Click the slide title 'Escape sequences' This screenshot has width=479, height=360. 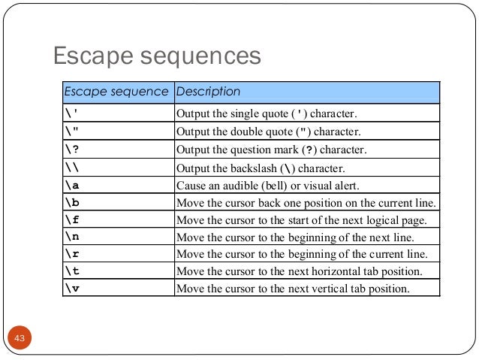pyautogui.click(x=155, y=56)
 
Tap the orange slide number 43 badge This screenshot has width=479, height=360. pyautogui.click(x=20, y=340)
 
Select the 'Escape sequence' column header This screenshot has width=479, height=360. pyautogui.click(x=116, y=92)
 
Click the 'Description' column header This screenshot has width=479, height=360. pyautogui.click(x=207, y=92)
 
